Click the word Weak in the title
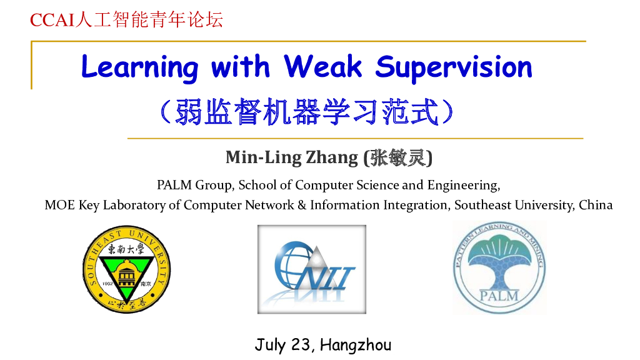322,66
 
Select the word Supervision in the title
454,67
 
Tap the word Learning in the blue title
139,67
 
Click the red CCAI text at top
52,20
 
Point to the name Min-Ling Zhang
291,157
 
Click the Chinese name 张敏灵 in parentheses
397,157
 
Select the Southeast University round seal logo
127,270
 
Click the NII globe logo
311,269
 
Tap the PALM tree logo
499,267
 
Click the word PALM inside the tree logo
499,294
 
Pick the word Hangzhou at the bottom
355,344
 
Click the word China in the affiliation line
596,205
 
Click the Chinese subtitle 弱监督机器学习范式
306,112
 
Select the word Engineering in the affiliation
463,185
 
